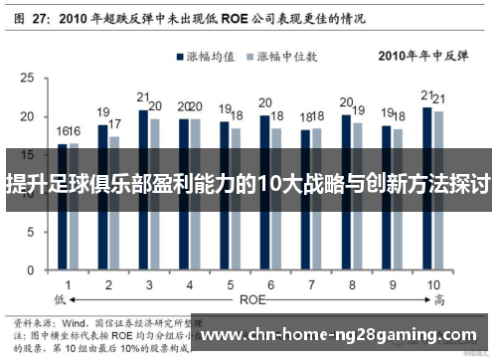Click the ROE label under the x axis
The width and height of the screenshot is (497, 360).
[252, 297]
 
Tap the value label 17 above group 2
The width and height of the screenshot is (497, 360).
[115, 124]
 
